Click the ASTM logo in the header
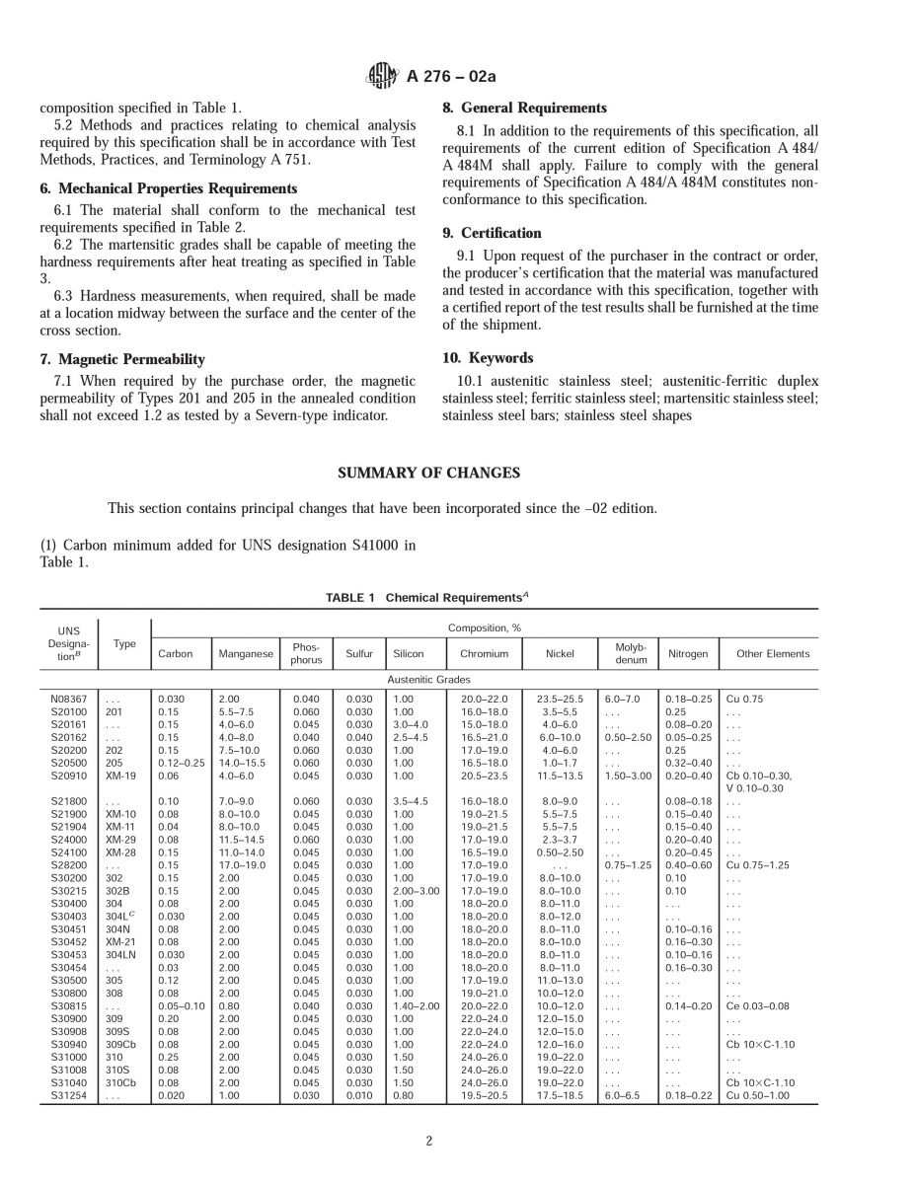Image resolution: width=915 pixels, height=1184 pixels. [381, 75]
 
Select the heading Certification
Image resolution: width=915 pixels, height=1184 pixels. [492, 234]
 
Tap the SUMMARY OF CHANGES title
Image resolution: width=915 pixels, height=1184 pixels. [428, 474]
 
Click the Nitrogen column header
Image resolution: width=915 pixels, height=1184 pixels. [688, 653]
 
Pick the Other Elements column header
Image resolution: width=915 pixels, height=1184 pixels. [772, 653]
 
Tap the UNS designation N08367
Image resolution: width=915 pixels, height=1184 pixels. [69, 699]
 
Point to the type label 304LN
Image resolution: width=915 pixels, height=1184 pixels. [126, 955]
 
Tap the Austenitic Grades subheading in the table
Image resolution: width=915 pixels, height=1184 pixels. [428, 680]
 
